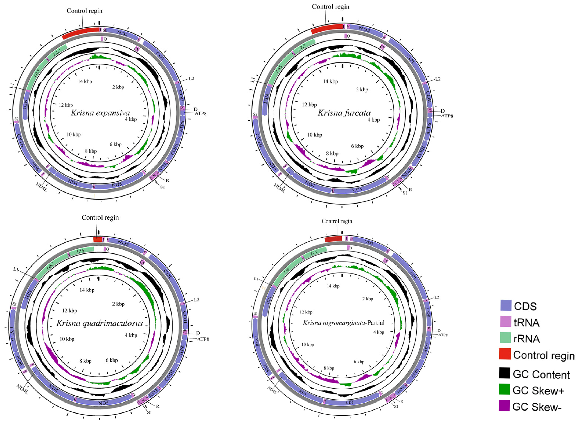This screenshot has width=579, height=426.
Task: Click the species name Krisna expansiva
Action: click(100, 113)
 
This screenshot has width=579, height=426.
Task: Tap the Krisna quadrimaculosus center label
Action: click(100, 323)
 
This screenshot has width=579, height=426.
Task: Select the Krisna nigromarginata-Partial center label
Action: click(344, 323)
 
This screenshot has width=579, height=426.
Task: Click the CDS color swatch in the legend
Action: click(506, 305)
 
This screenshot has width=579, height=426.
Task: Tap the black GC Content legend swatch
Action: click(504, 373)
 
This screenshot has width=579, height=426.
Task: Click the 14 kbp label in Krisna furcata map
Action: click(330, 82)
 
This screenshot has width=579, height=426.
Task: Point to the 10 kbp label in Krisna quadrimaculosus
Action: click(67, 339)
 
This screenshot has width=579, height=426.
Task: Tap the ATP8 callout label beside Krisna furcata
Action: click(447, 116)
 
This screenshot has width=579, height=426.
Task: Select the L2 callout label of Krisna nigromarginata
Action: click(437, 297)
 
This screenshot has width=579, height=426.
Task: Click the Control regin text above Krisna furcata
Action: click(330, 7)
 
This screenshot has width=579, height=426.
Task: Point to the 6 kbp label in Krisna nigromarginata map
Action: click(359, 362)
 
